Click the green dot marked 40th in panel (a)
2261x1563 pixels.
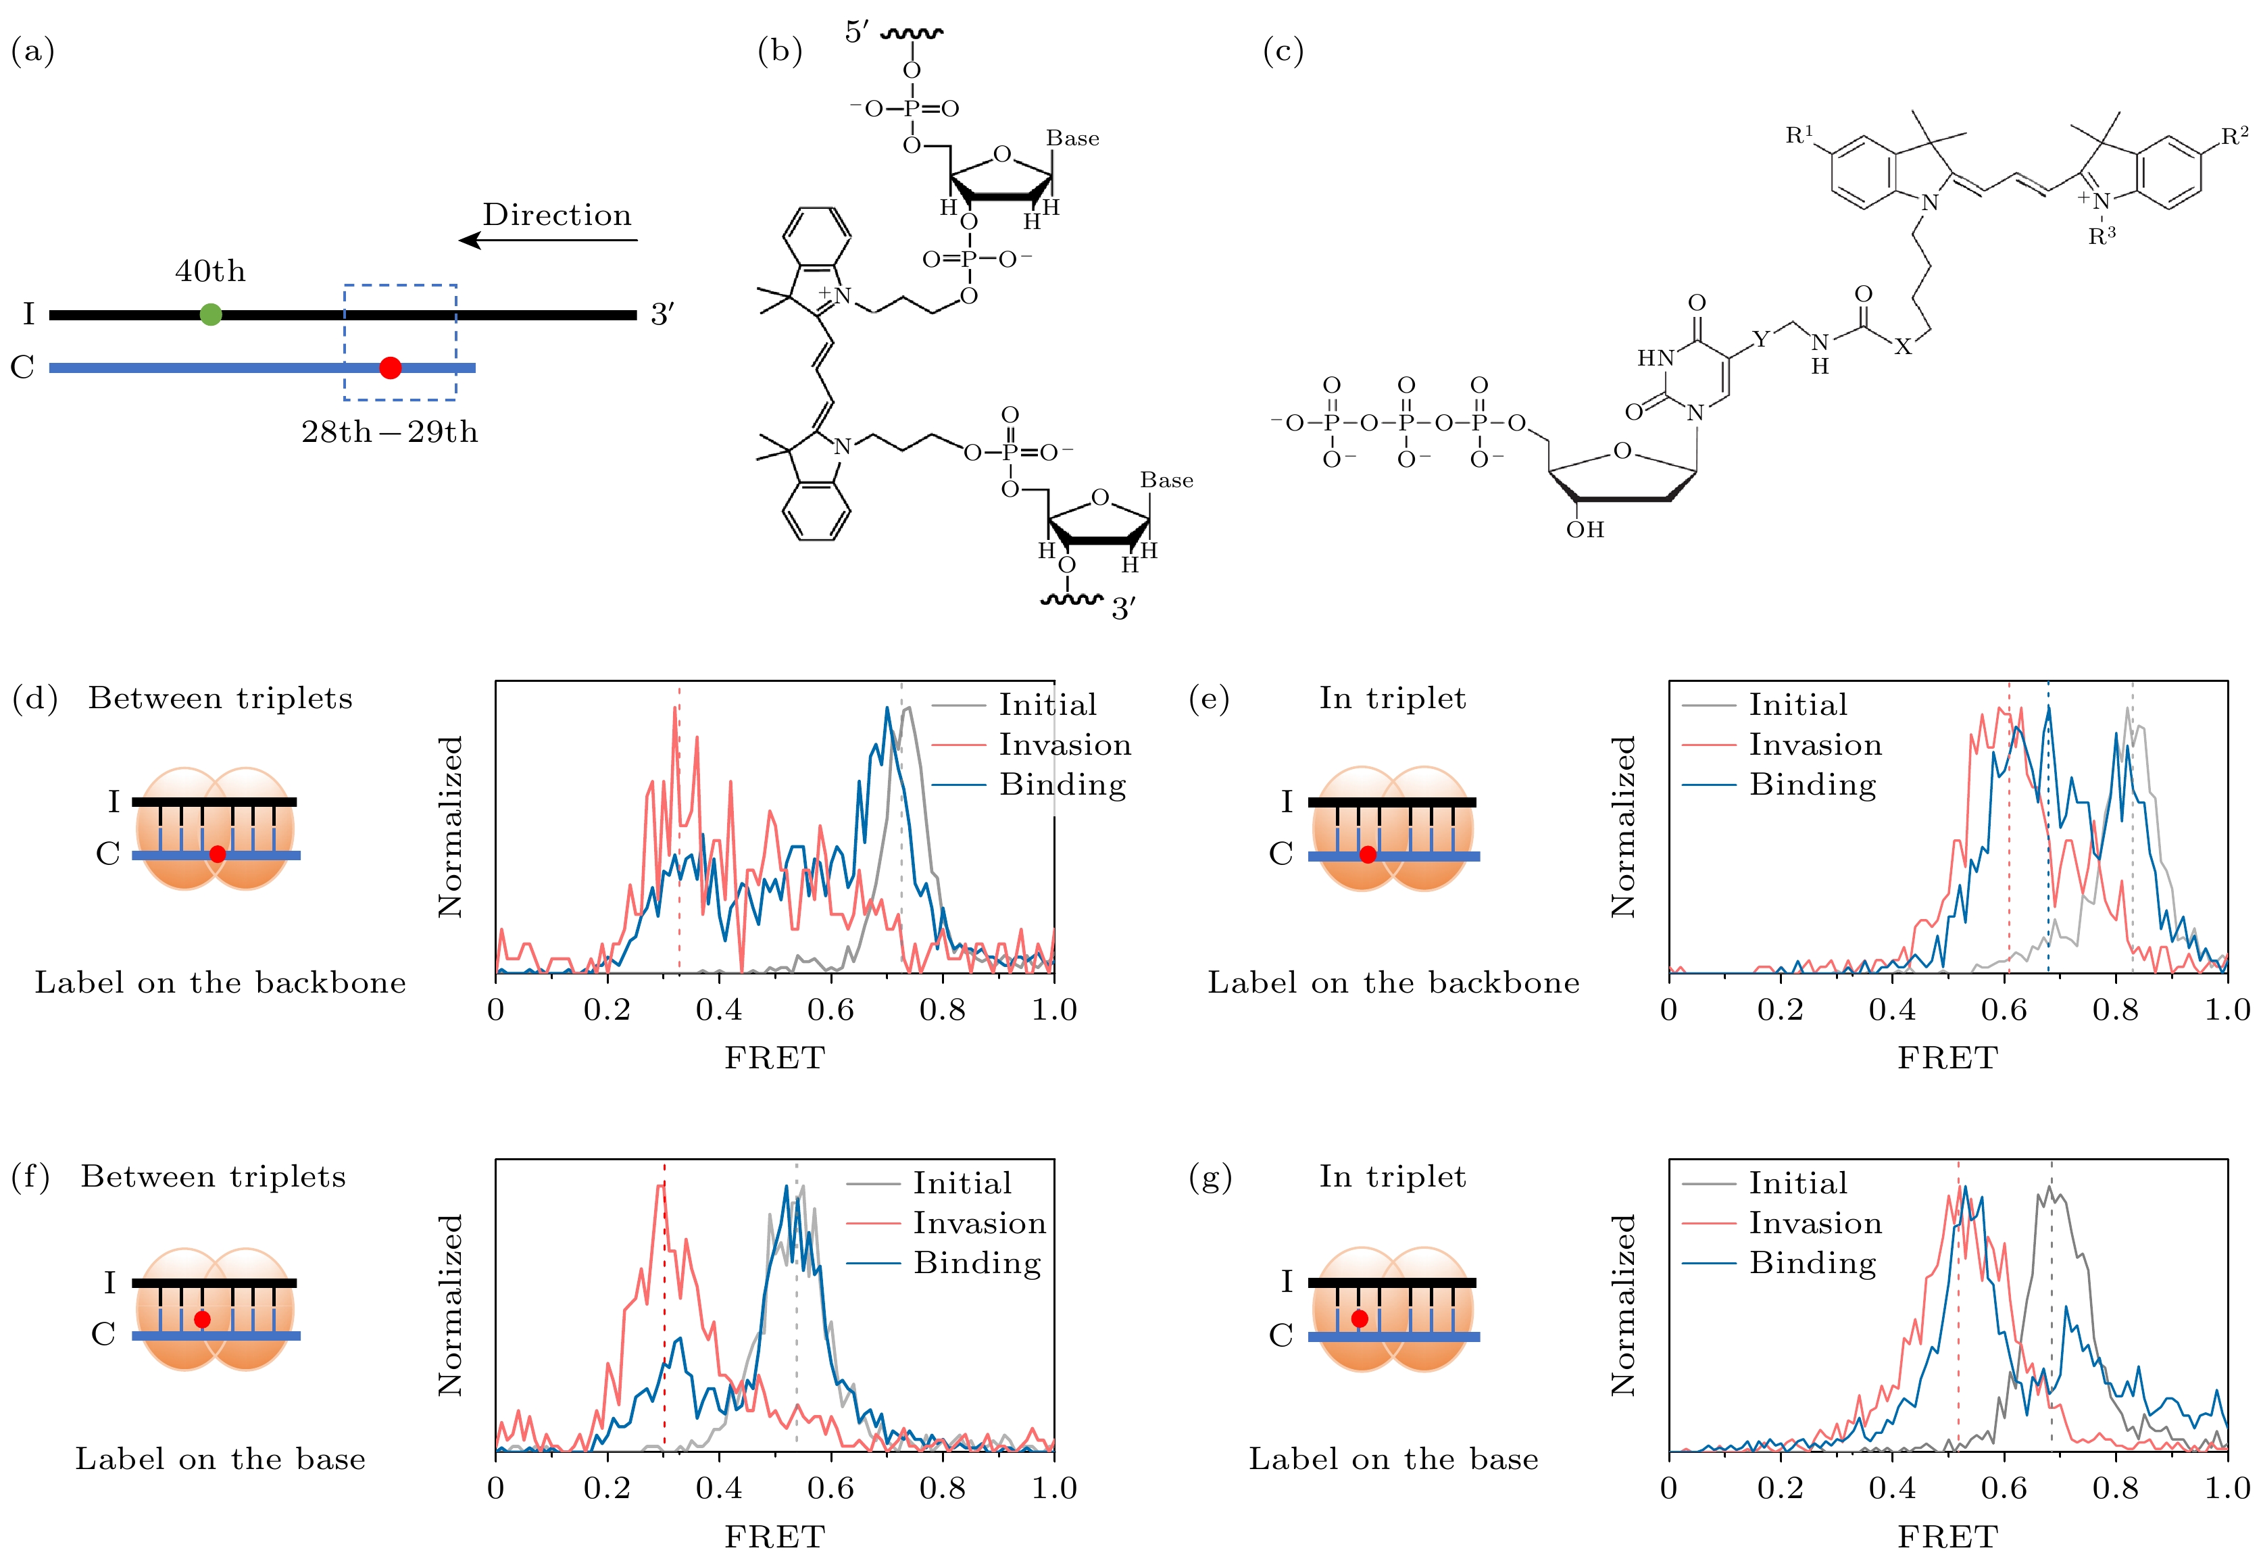[211, 314]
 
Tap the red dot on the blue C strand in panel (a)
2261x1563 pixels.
[390, 367]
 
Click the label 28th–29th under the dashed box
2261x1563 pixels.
[390, 432]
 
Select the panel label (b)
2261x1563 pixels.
[779, 50]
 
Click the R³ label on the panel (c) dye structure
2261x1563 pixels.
[2102, 236]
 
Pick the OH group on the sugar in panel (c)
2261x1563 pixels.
[1585, 530]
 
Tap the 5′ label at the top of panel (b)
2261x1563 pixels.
[857, 32]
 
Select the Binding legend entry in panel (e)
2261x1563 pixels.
[1812, 785]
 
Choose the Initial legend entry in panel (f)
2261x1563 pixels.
[962, 1183]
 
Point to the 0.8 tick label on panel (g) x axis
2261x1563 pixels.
[2115, 1489]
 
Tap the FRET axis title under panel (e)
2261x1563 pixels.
[1947, 1058]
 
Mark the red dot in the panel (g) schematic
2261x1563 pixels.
[1359, 1319]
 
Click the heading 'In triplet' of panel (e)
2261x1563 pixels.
[1393, 698]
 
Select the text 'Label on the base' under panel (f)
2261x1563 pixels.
[220, 1459]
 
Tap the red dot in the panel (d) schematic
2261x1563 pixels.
[218, 854]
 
